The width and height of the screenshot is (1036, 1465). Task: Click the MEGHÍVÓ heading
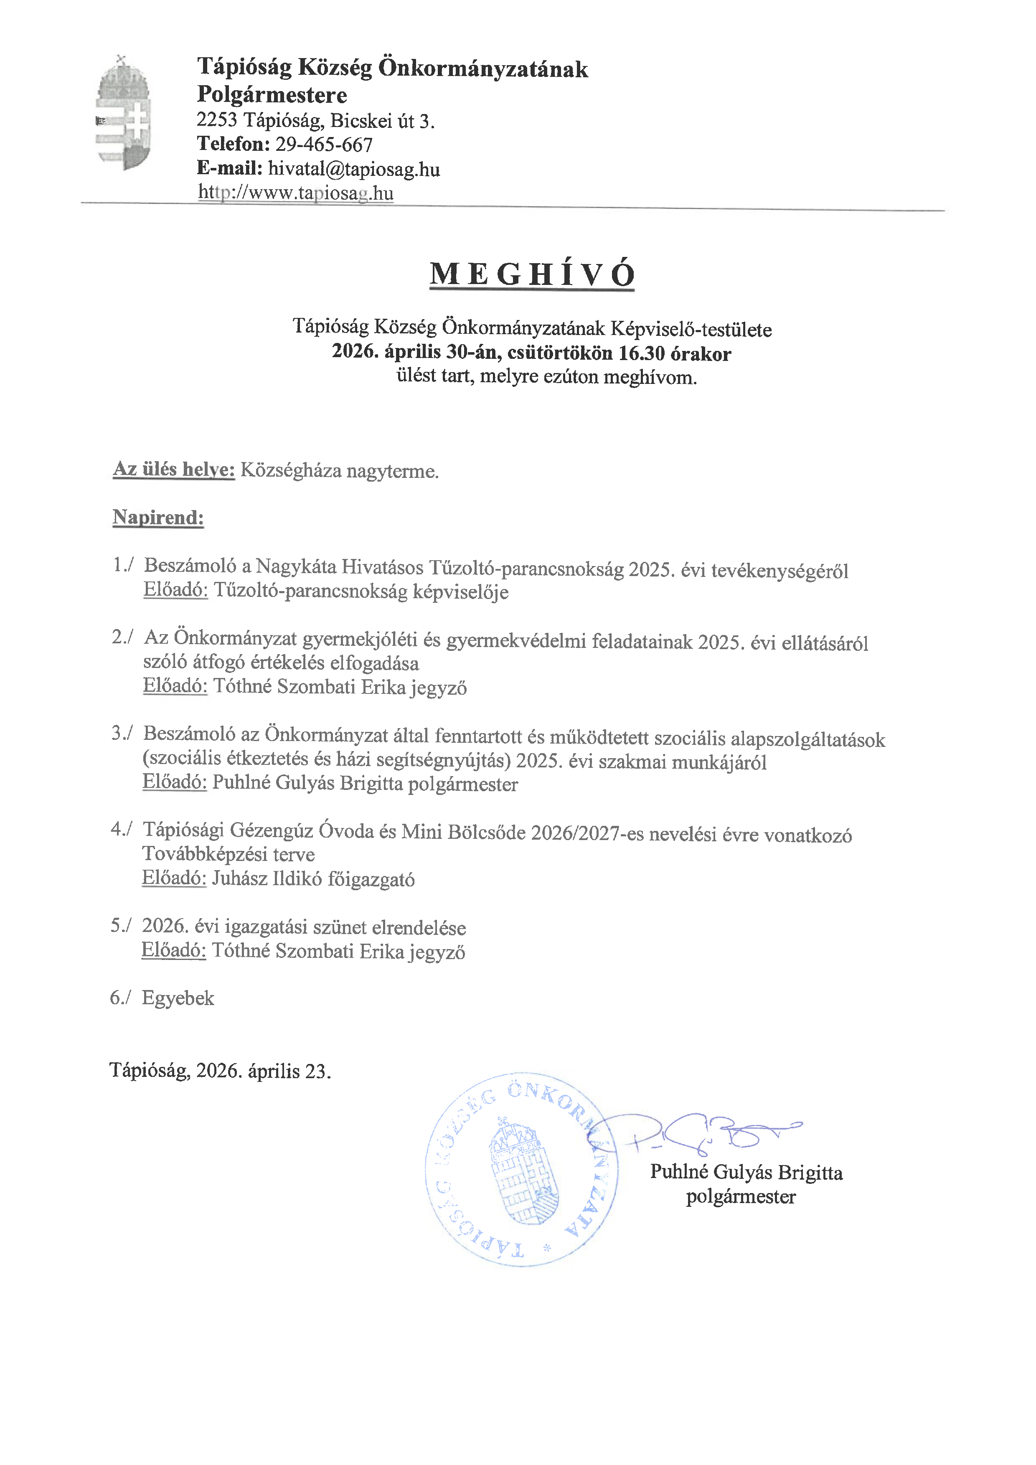pyautogui.click(x=532, y=274)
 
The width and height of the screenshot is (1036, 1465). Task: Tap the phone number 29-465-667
pyautogui.click(x=324, y=145)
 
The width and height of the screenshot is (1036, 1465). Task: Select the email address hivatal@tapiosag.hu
pyautogui.click(x=354, y=169)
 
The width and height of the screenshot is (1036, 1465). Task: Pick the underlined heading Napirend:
pyautogui.click(x=158, y=518)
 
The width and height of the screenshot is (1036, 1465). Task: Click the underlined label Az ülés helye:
pyautogui.click(x=173, y=470)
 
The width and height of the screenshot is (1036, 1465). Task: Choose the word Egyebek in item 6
pyautogui.click(x=178, y=998)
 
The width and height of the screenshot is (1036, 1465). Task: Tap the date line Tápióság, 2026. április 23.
pyautogui.click(x=220, y=1070)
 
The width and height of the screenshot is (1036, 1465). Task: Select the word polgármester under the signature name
pyautogui.click(x=741, y=1196)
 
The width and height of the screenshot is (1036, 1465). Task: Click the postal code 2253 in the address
pyautogui.click(x=217, y=120)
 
